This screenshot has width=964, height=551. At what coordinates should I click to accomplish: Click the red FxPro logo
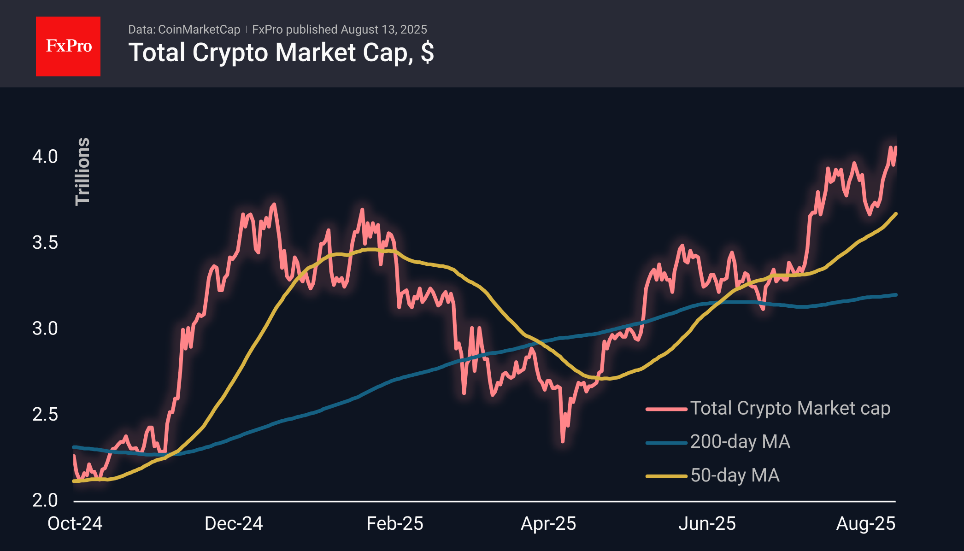(68, 46)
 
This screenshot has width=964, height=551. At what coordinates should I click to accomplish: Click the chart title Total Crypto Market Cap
(281, 53)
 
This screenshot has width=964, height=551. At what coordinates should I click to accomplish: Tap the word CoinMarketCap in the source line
(199, 29)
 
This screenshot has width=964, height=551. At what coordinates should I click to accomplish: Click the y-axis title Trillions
(82, 171)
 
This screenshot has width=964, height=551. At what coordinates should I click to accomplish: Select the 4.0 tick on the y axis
(45, 157)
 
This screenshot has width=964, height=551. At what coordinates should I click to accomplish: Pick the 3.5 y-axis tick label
(45, 242)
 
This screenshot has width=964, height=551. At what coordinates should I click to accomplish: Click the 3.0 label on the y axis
(45, 328)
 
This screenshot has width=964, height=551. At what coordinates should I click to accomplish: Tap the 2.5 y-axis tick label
(45, 414)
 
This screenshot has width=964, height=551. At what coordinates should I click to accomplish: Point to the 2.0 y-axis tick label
(45, 500)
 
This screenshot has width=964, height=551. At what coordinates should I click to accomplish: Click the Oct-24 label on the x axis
(75, 524)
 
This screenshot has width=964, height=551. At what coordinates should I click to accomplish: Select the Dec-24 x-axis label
(234, 524)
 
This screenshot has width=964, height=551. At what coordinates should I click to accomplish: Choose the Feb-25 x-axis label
(395, 524)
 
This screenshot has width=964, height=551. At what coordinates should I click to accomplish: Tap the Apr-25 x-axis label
(548, 524)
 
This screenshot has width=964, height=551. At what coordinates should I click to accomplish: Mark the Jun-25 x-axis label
(707, 524)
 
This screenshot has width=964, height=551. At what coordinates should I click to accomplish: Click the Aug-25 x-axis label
(866, 524)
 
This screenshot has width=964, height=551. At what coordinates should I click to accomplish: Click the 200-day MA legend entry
(740, 442)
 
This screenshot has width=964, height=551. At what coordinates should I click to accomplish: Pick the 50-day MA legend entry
(735, 475)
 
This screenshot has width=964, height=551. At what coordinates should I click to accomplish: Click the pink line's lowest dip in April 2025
(563, 441)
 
